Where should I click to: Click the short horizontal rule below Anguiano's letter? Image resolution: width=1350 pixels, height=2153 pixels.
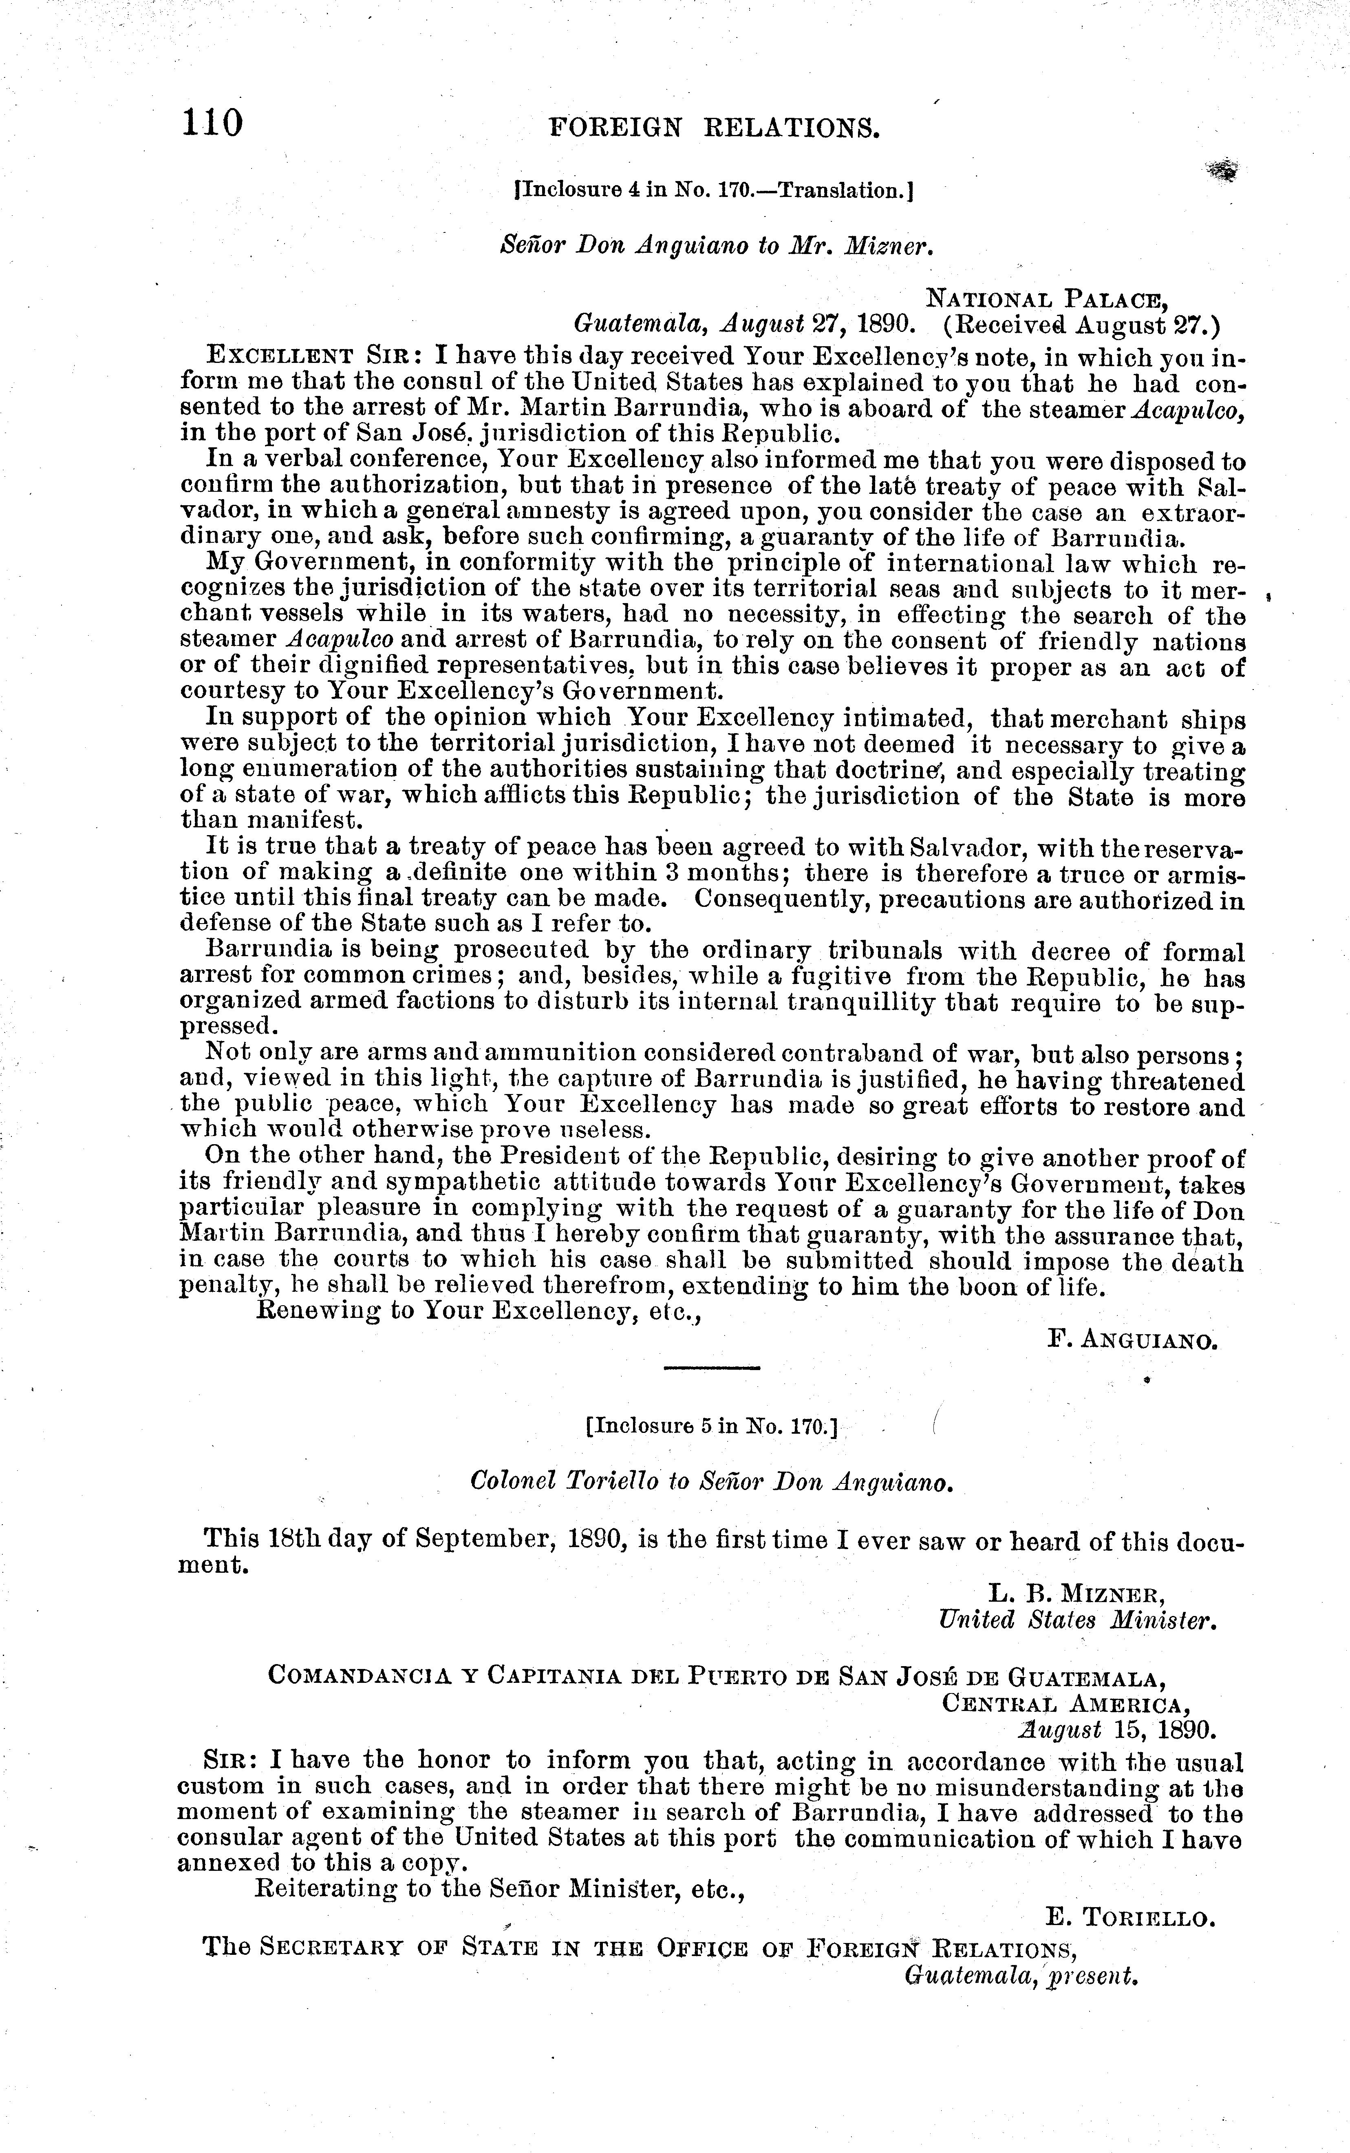(712, 1368)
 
